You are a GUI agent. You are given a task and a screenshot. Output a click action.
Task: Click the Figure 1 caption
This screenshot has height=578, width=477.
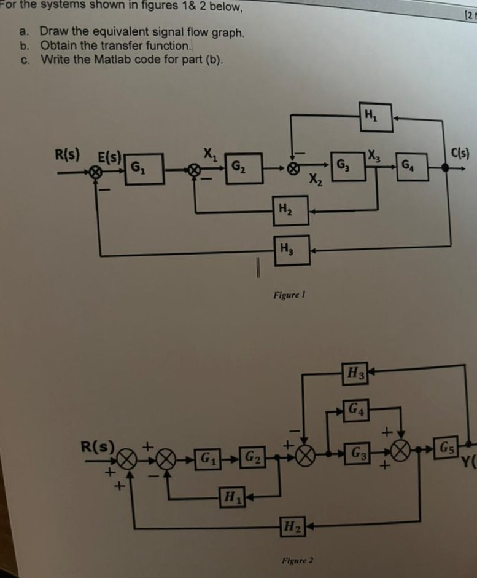(290, 296)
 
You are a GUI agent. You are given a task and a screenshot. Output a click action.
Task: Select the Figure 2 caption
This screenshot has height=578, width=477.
(297, 561)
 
